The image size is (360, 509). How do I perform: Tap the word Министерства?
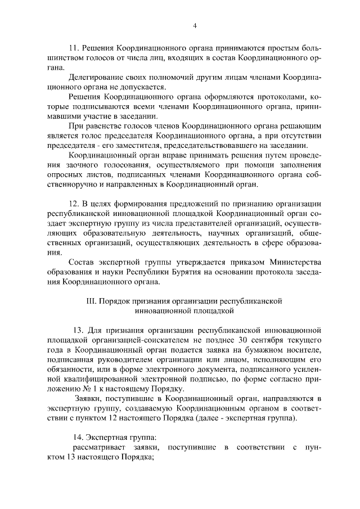tap(287, 263)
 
